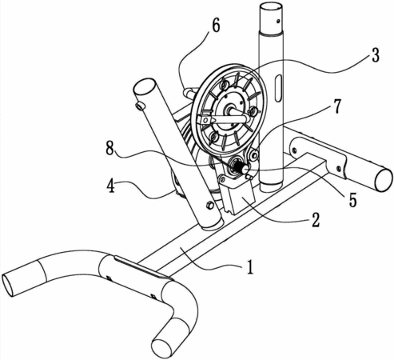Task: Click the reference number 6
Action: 216,26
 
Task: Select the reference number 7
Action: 337,106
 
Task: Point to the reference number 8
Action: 109,148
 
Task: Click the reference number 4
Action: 111,186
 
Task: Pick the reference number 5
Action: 352,201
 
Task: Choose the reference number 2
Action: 316,220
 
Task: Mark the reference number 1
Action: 249,267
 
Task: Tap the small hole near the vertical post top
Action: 278,20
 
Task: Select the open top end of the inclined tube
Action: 145,89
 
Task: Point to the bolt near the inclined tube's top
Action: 140,106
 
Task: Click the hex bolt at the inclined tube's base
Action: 209,205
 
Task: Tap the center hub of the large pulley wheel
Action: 229,110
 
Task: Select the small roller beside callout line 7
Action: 253,154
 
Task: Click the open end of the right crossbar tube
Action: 384,180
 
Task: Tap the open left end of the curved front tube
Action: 8,285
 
